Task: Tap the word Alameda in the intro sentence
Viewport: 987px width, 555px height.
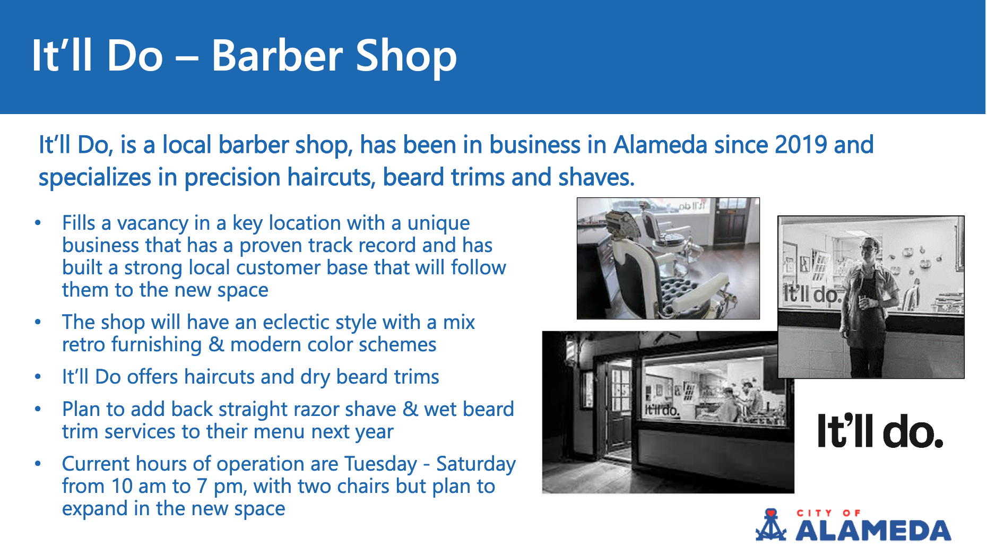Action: tap(660, 144)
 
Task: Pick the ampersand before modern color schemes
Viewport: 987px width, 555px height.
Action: tap(216, 344)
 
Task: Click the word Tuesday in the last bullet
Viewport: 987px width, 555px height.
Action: tap(380, 464)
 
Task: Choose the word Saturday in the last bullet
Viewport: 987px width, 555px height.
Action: tap(475, 464)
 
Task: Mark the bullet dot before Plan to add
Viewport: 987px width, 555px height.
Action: tap(38, 409)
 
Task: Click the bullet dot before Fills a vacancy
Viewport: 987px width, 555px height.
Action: tap(38, 223)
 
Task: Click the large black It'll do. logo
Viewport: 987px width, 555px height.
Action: tap(880, 430)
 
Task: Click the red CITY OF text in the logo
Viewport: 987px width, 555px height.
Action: tap(829, 513)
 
